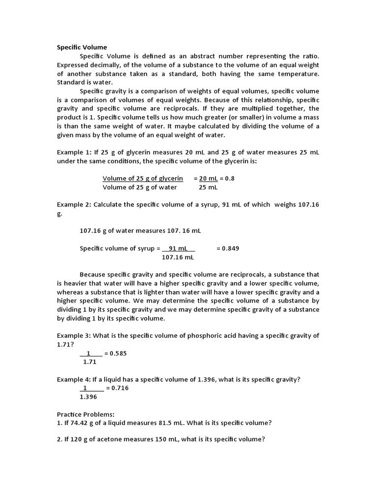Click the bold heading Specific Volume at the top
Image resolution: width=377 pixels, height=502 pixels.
(x=81, y=48)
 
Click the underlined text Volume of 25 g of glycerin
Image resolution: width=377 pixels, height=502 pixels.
(x=143, y=178)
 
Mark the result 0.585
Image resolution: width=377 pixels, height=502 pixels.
(x=119, y=353)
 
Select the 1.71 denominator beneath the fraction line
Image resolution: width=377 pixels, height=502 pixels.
(x=89, y=362)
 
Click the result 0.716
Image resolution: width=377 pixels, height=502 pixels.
(x=120, y=388)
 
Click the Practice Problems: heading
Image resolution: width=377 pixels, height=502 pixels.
(x=85, y=414)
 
